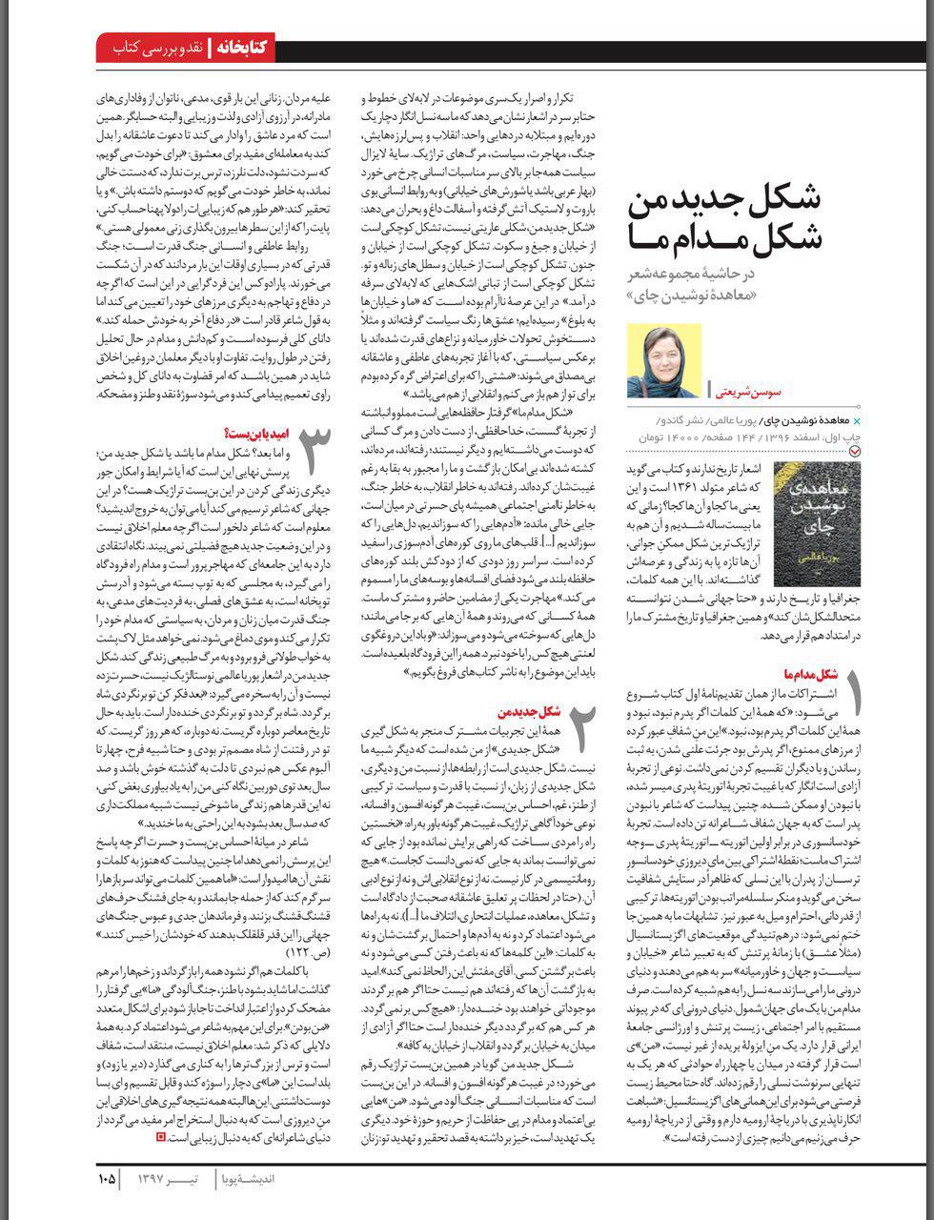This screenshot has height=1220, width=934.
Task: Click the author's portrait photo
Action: click(664, 360)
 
